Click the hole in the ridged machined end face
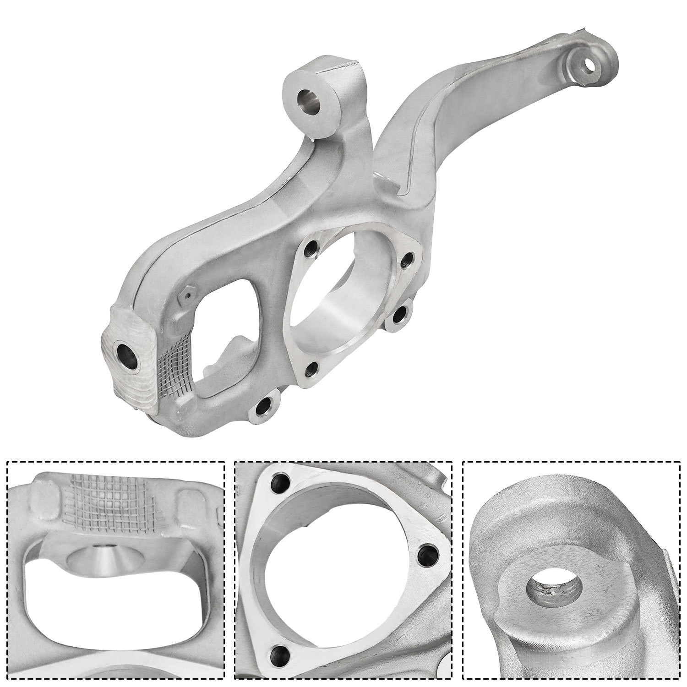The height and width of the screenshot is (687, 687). pyautogui.click(x=128, y=354)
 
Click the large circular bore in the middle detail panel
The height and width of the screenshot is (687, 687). pyautogui.click(x=339, y=577)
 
